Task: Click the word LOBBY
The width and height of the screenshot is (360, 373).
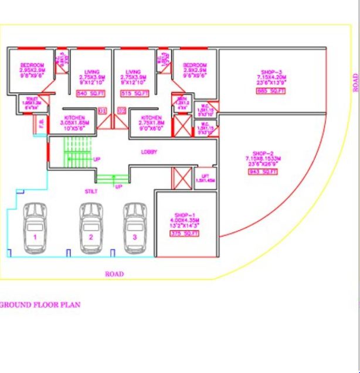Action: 149,152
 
